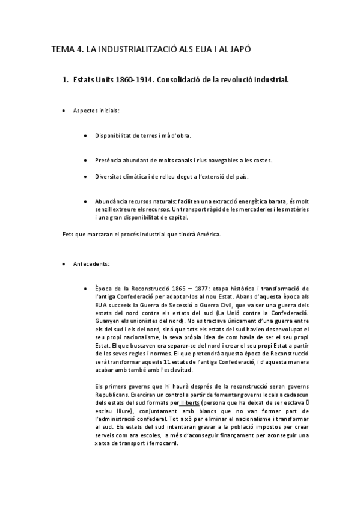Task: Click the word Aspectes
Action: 86,111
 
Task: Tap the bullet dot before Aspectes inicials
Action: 64,111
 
